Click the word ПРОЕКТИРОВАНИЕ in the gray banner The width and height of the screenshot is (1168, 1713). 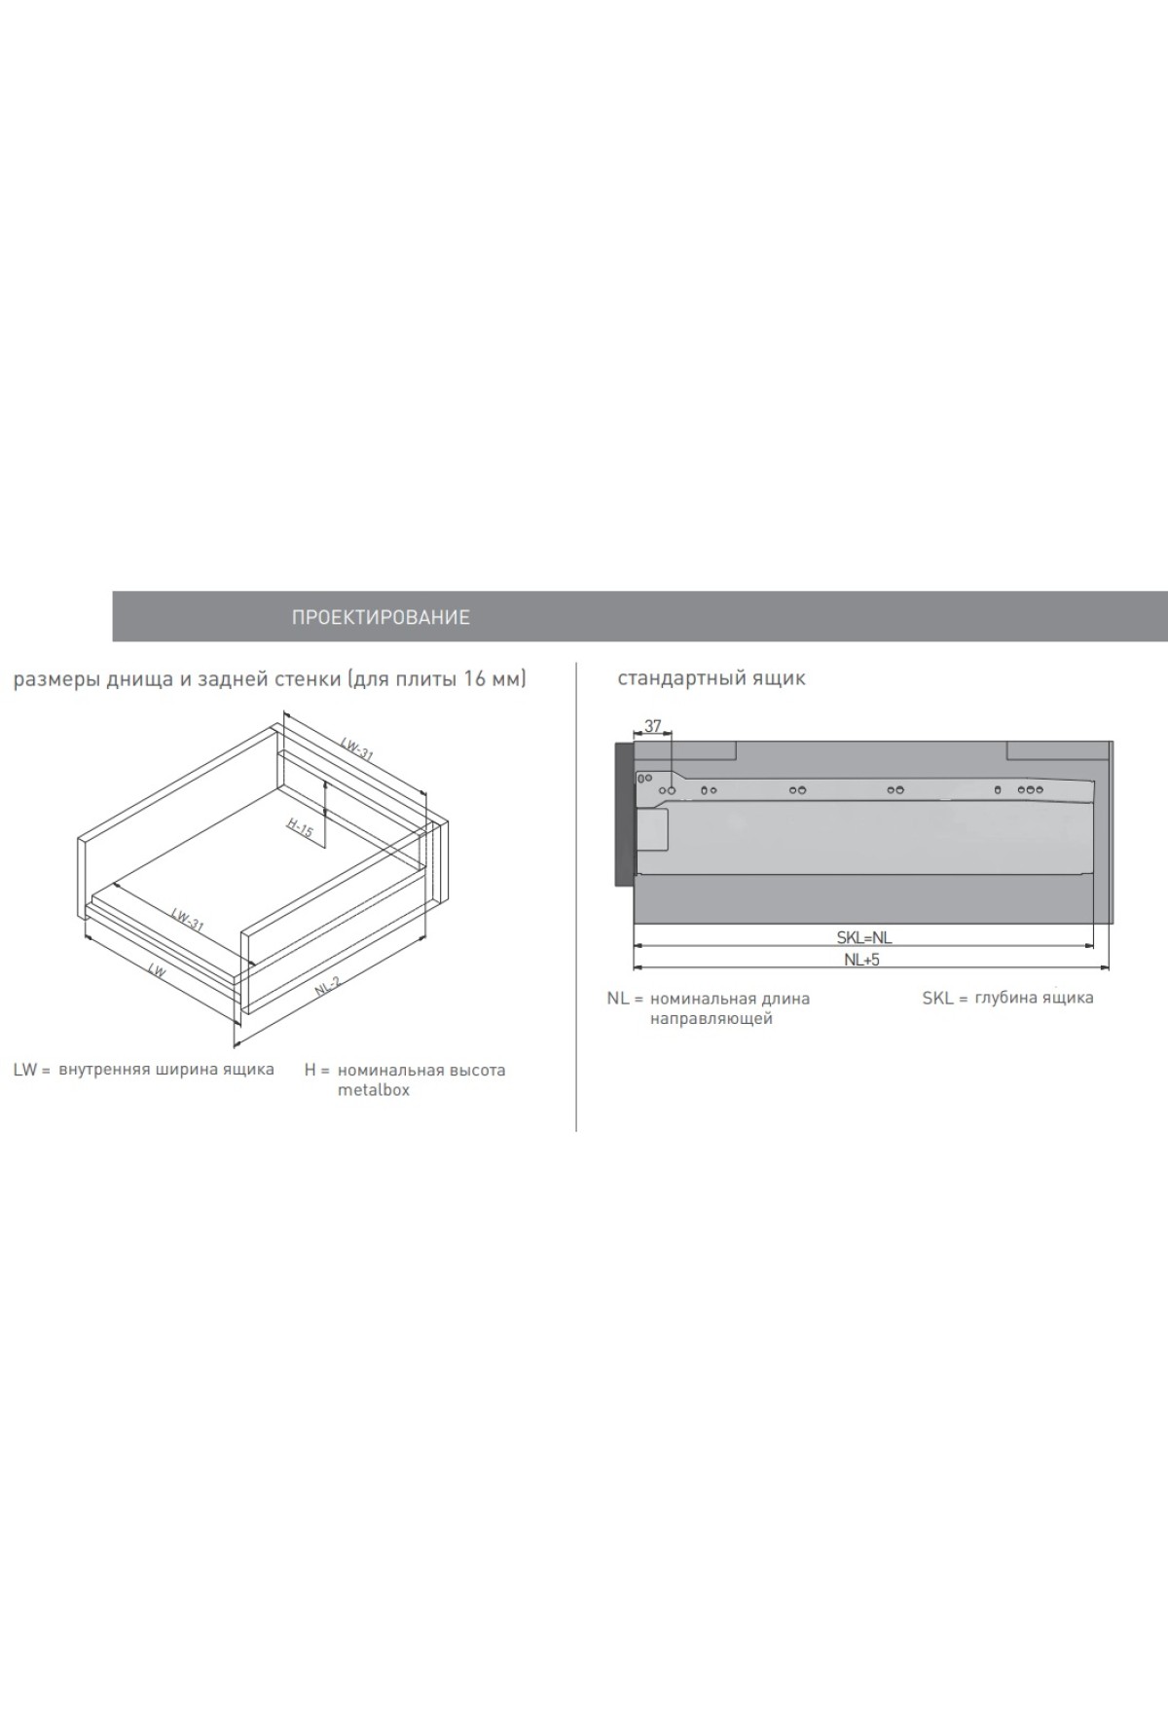[x=381, y=617]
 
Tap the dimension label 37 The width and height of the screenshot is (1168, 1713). [x=652, y=726]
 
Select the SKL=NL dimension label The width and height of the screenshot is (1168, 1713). [x=864, y=938]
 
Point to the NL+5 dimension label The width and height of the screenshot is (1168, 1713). [x=862, y=960]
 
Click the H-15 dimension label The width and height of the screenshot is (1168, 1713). [x=300, y=828]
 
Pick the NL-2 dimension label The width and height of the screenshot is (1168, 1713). [x=327, y=986]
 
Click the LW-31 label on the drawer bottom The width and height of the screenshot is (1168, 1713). [x=187, y=920]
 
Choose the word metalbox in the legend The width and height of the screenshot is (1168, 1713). [x=374, y=1090]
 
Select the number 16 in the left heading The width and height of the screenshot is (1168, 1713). [x=474, y=678]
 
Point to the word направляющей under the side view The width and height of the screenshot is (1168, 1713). [x=712, y=1019]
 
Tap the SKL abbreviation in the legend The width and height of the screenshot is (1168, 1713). [x=938, y=998]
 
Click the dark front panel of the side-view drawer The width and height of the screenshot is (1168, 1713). [x=624, y=816]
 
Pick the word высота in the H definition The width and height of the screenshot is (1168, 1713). [x=476, y=1070]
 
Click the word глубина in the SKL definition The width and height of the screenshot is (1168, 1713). [x=1005, y=998]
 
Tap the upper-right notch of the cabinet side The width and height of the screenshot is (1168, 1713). [x=1058, y=750]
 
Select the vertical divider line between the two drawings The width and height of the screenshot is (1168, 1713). [x=576, y=896]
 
